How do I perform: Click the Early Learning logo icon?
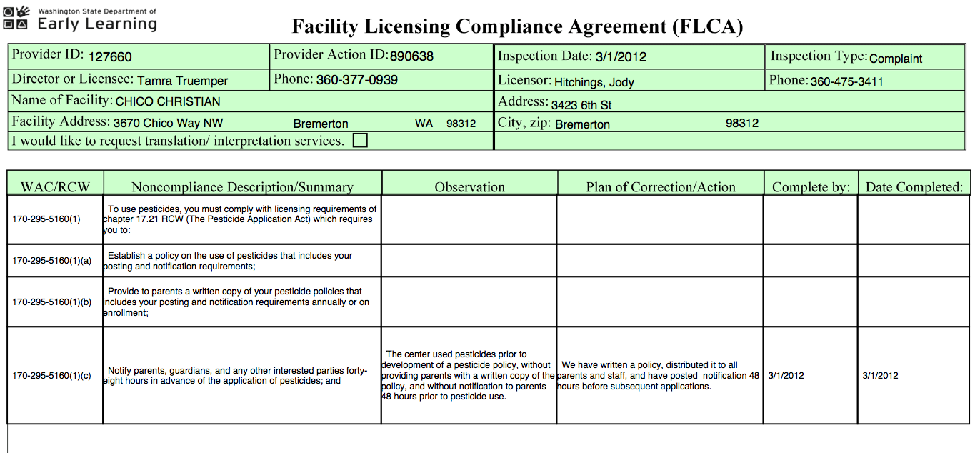coord(16,18)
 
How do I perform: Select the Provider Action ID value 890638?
coord(412,56)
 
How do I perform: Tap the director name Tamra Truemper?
coord(182,81)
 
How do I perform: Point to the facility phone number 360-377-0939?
coord(357,80)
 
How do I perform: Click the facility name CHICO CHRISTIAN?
coord(168,101)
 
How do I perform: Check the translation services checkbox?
coord(361,141)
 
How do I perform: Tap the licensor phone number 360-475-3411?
coord(846,81)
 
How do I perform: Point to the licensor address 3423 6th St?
coord(581,105)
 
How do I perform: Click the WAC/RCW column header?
coord(56,187)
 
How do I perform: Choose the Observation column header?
coord(469,187)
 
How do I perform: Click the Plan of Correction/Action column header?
coord(661,187)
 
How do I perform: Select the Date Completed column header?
coord(914,187)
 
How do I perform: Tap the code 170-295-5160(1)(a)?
coord(52,261)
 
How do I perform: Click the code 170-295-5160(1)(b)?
coord(52,302)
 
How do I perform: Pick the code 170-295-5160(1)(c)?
coord(52,376)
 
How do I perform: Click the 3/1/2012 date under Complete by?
coord(786,376)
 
